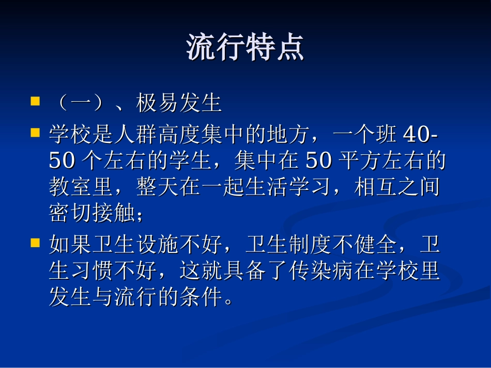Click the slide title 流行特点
(245, 49)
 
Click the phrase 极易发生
(179, 104)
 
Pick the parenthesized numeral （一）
(80, 104)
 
